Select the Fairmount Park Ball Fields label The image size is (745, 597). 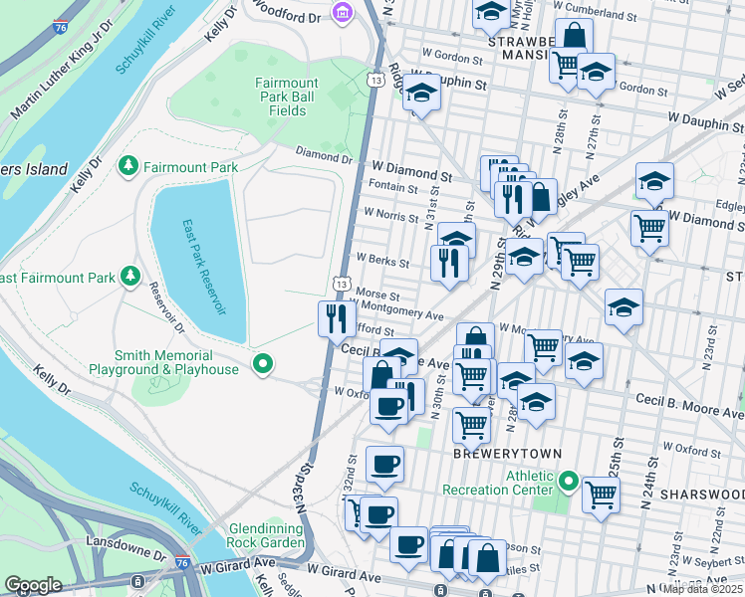coord(287,97)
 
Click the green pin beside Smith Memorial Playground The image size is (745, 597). coord(263,365)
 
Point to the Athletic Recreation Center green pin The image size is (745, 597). coord(569,483)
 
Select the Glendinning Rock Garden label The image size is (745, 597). coord(266,535)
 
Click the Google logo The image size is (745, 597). coord(33,584)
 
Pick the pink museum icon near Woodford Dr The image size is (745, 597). coord(343,13)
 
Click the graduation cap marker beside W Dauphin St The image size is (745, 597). coord(421,95)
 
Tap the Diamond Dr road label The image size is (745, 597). coord(325,157)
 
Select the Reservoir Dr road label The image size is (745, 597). coord(167,309)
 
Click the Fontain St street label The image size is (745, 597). coord(392,187)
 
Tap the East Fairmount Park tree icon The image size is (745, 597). coord(128,276)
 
